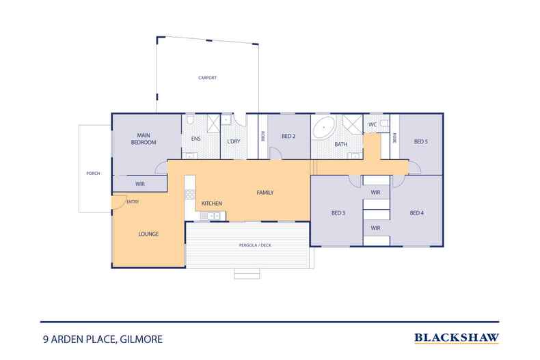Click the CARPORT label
pos(207,78)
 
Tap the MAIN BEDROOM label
pos(144,139)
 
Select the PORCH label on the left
pos(93,174)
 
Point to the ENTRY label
pos(132,202)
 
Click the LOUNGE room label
pos(148,234)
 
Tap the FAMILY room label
pos(265,193)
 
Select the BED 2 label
pos(288,136)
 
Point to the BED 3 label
pos(338,213)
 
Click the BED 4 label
pos(417,213)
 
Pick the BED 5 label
pos(421,141)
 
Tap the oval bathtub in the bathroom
pos(324,127)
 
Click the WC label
pos(373,124)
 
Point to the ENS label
pos(195,139)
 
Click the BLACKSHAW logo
pos(457,337)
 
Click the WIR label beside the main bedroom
pos(140,184)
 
